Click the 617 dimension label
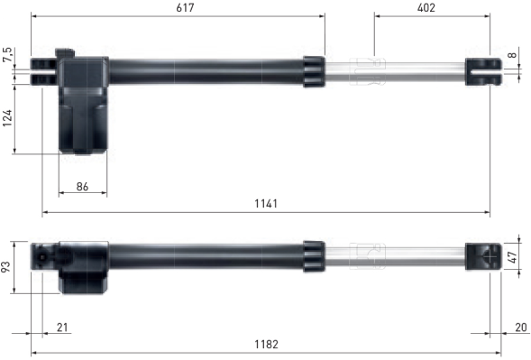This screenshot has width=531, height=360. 185,7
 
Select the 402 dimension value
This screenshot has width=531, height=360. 426,7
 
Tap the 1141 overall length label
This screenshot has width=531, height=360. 266,203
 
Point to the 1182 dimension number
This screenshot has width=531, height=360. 266,345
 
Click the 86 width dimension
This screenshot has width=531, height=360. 82,187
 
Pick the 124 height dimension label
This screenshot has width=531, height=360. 7,118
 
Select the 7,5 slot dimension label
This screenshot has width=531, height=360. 7,55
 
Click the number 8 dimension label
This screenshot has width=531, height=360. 512,54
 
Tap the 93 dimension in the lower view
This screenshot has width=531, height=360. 6,267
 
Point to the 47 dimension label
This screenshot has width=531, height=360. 513,257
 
